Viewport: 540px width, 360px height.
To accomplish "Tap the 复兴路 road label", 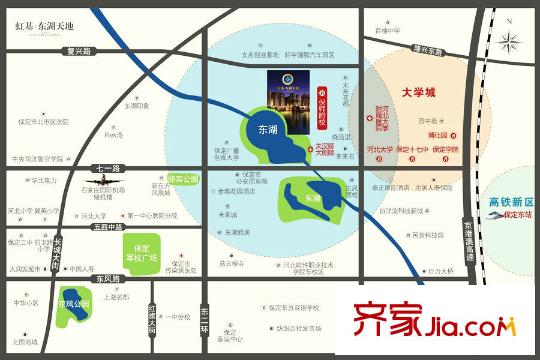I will [x=73, y=50].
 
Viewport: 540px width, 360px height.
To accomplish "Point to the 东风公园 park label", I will [x=71, y=304].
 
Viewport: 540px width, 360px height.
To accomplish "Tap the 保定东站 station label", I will [x=515, y=215].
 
